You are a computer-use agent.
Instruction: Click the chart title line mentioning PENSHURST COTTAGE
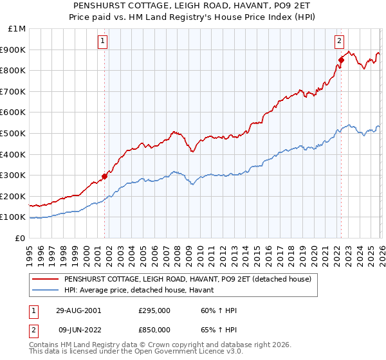[x=193, y=4]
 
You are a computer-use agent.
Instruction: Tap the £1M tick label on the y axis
[x=17, y=29]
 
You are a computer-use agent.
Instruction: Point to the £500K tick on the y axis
[x=14, y=133]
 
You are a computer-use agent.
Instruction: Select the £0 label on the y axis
[x=21, y=238]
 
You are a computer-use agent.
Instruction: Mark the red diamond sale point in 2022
[x=341, y=60]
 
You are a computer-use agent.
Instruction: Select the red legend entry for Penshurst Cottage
[x=188, y=279]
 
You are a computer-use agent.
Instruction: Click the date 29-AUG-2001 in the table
[x=78, y=310]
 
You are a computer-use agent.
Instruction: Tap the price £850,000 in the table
[x=154, y=329]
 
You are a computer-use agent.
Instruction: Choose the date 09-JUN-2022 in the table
[x=78, y=329]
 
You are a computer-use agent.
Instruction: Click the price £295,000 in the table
[x=154, y=310]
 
